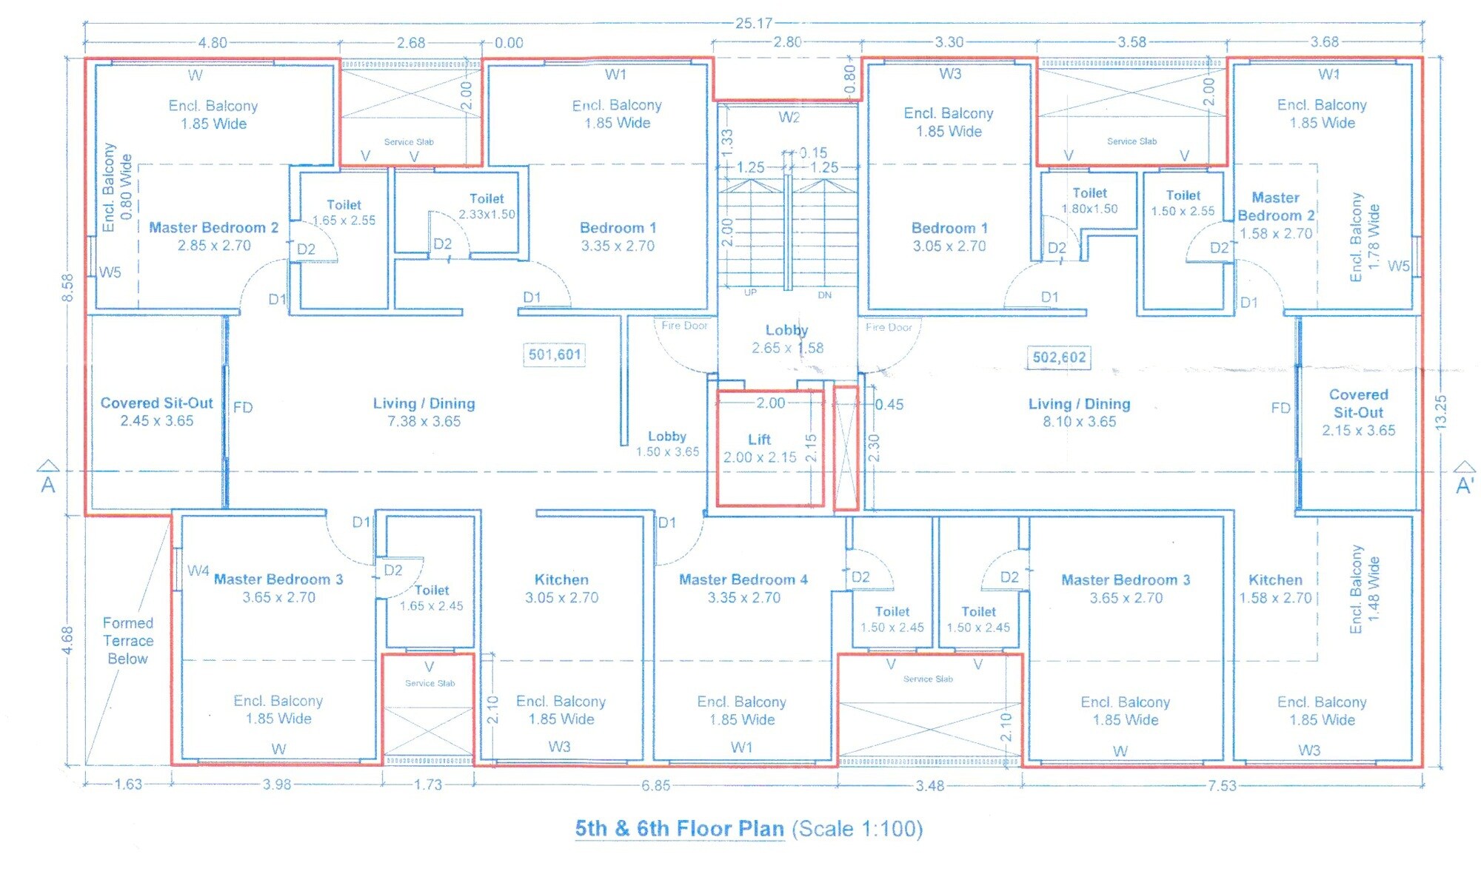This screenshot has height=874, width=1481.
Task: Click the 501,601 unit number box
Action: click(555, 355)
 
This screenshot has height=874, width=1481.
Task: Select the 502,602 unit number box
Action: click(1060, 358)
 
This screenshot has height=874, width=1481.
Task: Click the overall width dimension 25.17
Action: click(754, 23)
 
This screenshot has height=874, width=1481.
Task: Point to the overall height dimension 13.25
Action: click(1440, 412)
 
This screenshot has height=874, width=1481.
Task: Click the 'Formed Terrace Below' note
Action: click(128, 641)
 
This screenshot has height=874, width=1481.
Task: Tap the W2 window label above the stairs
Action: click(789, 118)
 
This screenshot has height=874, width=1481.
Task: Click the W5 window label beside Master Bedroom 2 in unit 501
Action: click(110, 272)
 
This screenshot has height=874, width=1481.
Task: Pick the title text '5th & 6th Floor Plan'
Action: click(679, 829)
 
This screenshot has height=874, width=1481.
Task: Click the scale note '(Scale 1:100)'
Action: click(857, 829)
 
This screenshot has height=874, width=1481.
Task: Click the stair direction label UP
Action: click(750, 293)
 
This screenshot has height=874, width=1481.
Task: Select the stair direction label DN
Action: click(824, 295)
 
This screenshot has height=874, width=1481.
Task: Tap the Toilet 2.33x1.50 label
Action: click(487, 206)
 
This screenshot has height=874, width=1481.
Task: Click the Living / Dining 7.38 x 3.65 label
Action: click(424, 412)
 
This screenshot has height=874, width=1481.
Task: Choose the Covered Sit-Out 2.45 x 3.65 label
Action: click(157, 411)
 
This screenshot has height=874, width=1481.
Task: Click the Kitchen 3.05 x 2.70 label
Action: click(562, 588)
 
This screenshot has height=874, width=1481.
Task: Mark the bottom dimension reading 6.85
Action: click(656, 785)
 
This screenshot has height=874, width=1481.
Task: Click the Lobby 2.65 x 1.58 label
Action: click(787, 339)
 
